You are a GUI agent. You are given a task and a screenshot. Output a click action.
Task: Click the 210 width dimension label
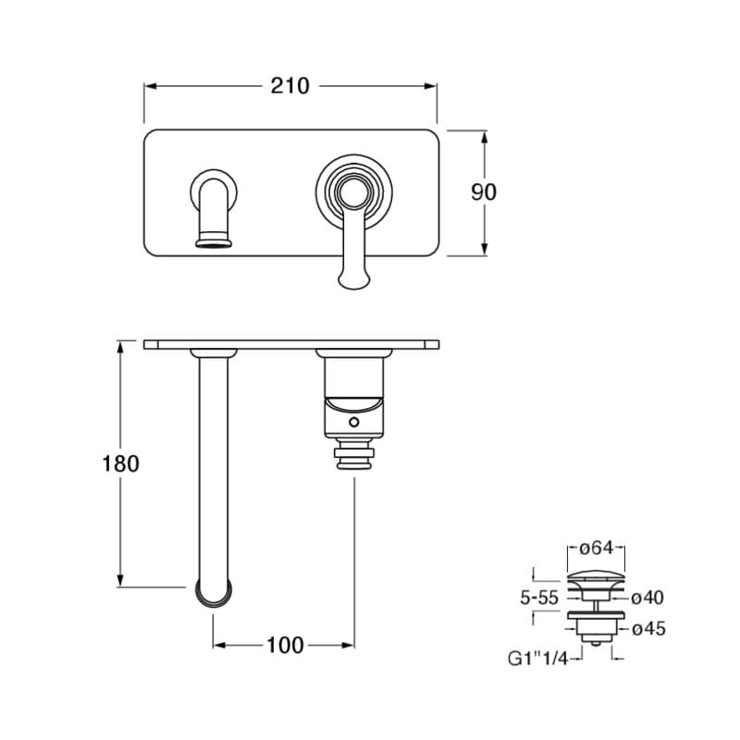click(x=290, y=86)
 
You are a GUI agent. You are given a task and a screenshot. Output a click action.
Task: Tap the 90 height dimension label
click(x=484, y=191)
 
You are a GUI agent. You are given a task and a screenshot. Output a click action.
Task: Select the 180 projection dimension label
click(x=120, y=463)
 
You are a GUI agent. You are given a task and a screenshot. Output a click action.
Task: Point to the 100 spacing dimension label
click(x=284, y=646)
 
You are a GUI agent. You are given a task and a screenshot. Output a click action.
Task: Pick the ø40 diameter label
click(x=647, y=598)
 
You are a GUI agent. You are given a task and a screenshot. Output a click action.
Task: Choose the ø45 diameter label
click(x=647, y=629)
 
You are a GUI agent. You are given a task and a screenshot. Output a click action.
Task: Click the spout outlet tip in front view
click(x=214, y=243)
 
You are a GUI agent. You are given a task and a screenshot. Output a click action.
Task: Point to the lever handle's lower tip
click(x=354, y=280)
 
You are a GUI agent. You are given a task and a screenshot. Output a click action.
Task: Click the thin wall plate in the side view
click(x=290, y=344)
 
